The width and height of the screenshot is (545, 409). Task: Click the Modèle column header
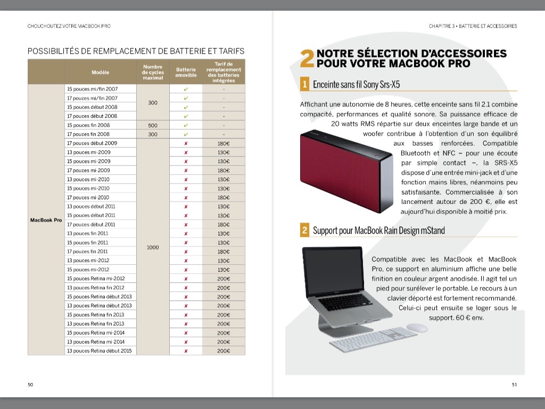(x=100, y=72)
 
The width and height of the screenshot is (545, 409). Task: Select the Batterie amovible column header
(x=186, y=72)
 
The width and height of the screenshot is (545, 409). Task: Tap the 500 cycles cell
(x=153, y=125)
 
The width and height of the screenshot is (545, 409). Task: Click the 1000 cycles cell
(x=153, y=247)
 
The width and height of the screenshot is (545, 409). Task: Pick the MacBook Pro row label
(x=46, y=220)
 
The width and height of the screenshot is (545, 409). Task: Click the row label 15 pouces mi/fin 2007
(x=92, y=89)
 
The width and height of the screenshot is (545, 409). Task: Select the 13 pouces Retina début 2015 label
(x=100, y=350)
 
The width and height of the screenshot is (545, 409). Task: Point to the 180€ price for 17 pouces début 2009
(x=224, y=143)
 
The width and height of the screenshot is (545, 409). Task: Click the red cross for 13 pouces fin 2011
(x=186, y=233)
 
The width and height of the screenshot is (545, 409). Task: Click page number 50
(x=30, y=385)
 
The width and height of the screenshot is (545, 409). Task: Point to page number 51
(x=514, y=385)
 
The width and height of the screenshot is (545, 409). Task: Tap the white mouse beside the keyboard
(x=417, y=328)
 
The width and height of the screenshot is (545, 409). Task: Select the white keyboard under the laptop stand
(x=373, y=339)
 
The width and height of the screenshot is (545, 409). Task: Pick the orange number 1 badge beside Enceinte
(x=304, y=84)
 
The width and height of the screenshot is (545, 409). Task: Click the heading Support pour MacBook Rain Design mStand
(x=378, y=231)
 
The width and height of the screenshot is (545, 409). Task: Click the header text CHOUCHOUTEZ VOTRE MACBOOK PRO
(x=69, y=26)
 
